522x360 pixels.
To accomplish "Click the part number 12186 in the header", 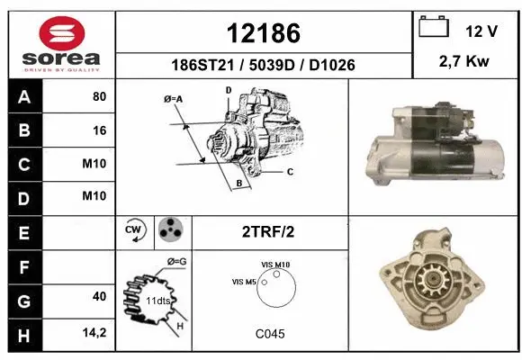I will pyautogui.click(x=264, y=32).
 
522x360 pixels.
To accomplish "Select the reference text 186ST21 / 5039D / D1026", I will pyautogui.click(x=264, y=66).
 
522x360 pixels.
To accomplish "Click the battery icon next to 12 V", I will pyautogui.click(x=435, y=29).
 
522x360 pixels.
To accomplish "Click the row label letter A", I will pyautogui.click(x=23, y=97).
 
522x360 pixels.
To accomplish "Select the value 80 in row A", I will pyautogui.click(x=99, y=97).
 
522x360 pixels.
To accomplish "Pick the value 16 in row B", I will pyautogui.click(x=99, y=130).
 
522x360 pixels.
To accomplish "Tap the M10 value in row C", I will pyautogui.click(x=94, y=164).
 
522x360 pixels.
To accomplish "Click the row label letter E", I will pyautogui.click(x=23, y=231).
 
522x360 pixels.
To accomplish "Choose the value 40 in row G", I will pyautogui.click(x=99, y=297).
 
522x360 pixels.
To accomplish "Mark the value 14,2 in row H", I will pyautogui.click(x=95, y=332).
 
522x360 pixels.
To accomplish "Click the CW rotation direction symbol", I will pyautogui.click(x=136, y=230).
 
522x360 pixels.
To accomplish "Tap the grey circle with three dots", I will pyautogui.click(x=170, y=230).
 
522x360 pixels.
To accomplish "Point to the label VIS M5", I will pyautogui.click(x=245, y=283).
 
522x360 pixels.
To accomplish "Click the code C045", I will pyautogui.click(x=269, y=333).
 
